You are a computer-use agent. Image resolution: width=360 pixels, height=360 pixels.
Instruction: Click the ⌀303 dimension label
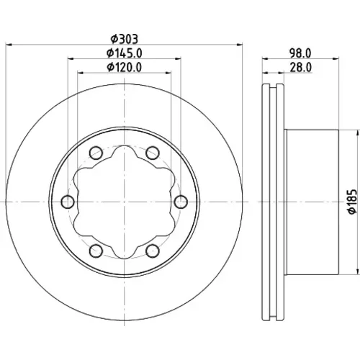point(125,39)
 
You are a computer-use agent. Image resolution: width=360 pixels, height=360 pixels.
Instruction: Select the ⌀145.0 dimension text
point(125,53)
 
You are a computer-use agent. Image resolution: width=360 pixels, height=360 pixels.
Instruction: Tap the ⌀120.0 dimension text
point(125,67)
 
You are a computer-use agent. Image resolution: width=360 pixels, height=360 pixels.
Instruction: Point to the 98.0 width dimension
point(300,53)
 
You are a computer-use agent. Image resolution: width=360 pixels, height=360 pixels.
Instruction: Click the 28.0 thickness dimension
point(301,67)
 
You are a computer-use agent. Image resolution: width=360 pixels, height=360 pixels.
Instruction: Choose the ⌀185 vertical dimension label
point(352,202)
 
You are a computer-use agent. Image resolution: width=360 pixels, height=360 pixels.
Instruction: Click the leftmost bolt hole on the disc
point(68,202)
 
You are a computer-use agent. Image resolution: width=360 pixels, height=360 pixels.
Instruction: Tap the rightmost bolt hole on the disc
point(181,202)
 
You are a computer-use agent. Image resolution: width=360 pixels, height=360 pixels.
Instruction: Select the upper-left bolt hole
point(96,153)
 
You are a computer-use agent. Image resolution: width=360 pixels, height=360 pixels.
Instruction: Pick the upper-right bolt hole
point(153,153)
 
